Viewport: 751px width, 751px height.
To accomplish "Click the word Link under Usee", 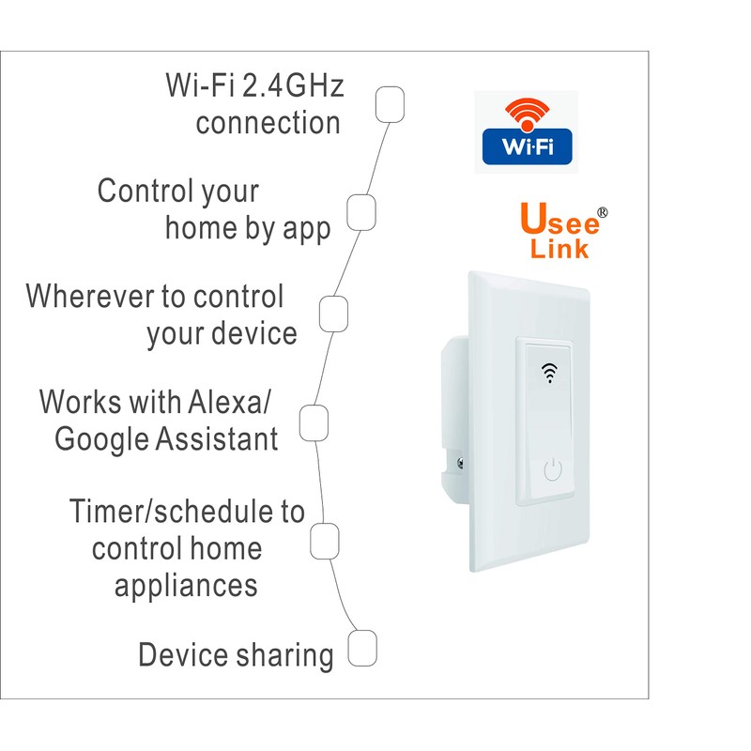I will coord(559,249).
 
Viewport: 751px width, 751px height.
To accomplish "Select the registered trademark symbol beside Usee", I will coord(603,212).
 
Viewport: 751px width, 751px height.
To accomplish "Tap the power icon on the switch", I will coord(554,468).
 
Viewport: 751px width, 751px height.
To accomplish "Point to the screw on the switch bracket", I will coord(461,461).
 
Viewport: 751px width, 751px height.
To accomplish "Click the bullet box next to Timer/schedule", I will coord(324,540).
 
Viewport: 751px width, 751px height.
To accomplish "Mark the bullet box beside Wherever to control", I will coord(334,314).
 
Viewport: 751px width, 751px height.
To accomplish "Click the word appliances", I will coord(186,585).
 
